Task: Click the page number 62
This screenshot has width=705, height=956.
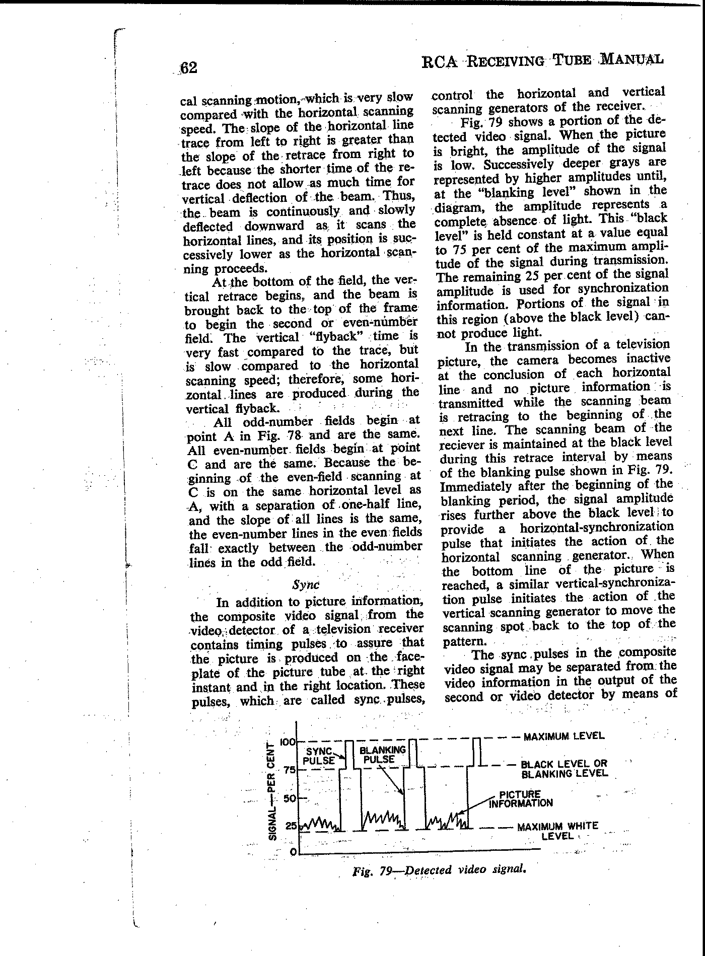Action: [188, 67]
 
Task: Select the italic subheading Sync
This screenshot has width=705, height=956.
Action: [306, 584]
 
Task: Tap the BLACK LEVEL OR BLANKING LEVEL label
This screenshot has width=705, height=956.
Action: [564, 769]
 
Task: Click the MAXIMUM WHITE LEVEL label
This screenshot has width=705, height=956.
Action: [557, 831]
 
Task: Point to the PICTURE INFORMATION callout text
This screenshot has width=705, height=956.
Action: [521, 799]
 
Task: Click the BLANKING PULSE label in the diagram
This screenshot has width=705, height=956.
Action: [382, 755]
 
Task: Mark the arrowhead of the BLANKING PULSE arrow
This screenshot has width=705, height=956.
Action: [403, 792]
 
